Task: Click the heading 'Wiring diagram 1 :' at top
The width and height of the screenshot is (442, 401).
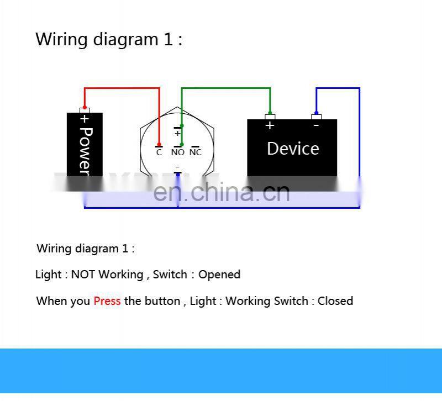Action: click(109, 40)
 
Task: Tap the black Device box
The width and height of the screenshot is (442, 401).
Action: click(292, 160)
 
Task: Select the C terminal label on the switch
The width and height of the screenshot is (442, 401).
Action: click(159, 152)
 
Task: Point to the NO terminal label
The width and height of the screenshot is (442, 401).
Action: click(177, 152)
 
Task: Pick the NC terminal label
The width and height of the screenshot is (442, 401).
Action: click(196, 152)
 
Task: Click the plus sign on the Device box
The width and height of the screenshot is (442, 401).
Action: click(270, 126)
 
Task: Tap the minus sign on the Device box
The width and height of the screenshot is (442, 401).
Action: click(316, 125)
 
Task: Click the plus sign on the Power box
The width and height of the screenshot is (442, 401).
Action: click(85, 119)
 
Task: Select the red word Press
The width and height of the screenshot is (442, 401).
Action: click(107, 301)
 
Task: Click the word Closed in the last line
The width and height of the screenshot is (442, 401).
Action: click(335, 301)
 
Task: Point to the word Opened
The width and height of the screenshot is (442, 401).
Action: click(219, 275)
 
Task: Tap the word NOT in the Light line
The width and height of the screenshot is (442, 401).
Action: click(83, 275)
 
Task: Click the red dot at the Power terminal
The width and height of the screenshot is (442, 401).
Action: click(85, 108)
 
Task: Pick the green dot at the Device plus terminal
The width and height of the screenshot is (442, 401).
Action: click(270, 113)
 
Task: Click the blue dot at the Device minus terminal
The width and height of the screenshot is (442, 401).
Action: click(316, 113)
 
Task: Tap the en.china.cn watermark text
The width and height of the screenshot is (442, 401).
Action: click(221, 192)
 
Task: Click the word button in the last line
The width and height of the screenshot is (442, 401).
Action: click(162, 301)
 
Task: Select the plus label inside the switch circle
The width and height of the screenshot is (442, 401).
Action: click(177, 133)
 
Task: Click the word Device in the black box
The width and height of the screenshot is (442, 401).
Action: click(293, 149)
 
